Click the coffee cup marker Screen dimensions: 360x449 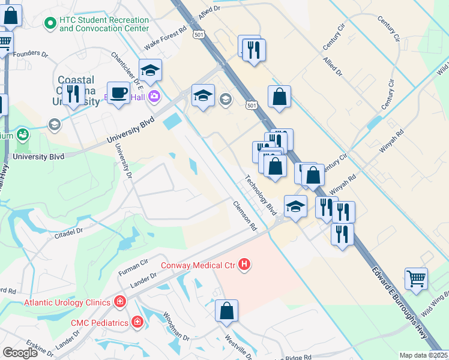click(118, 93)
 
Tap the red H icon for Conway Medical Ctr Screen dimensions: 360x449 click(244, 264)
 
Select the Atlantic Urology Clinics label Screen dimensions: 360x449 click(67, 302)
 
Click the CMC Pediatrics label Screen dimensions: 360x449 click(100, 323)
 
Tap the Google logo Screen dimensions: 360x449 click(20, 353)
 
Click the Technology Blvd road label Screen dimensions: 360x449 click(260, 196)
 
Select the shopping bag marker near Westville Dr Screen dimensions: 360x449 click(227, 311)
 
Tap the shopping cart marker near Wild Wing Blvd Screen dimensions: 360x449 click(416, 278)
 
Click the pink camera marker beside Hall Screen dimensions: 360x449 click(155, 96)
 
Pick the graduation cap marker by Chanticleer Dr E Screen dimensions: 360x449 click(150, 70)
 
